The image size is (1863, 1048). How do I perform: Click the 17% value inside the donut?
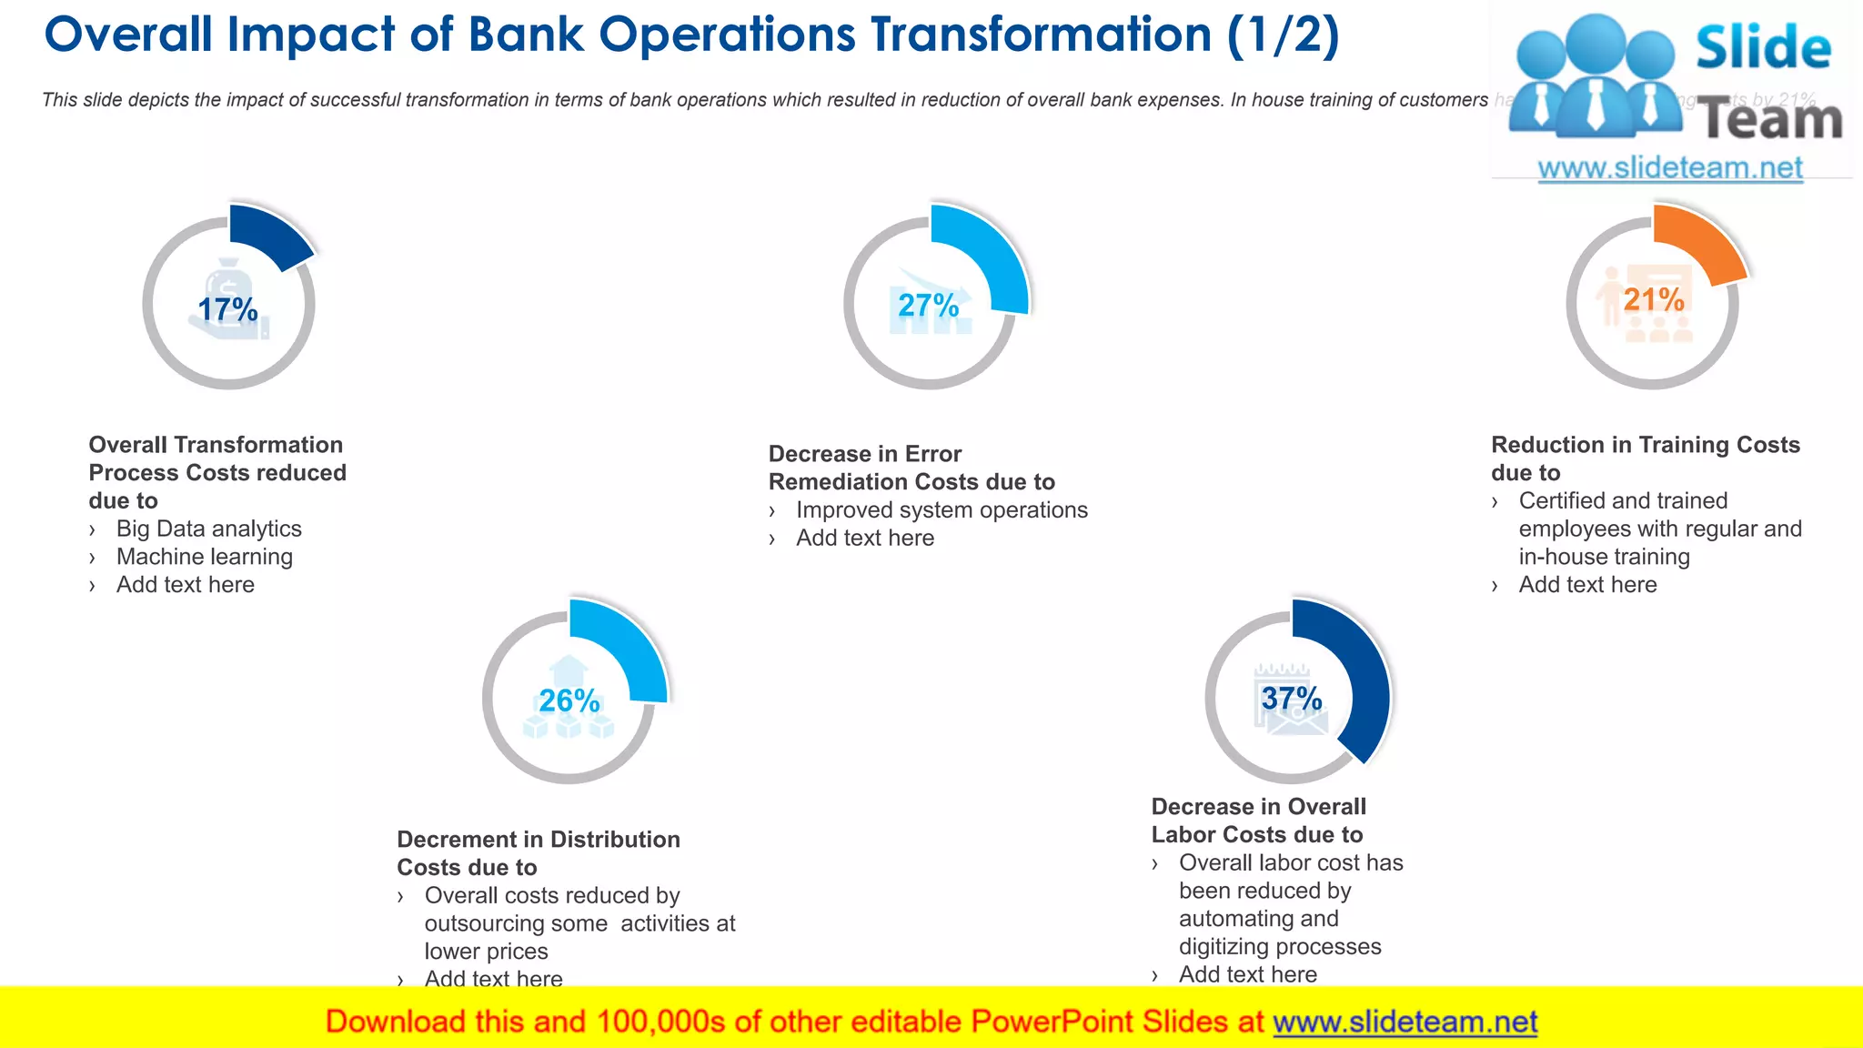pos(228,309)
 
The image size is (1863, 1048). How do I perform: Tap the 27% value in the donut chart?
pos(928,306)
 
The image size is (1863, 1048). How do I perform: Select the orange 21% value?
pos(1654,299)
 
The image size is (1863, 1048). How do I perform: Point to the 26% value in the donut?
pos(569,700)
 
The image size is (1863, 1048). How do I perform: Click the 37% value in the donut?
pos(1292,698)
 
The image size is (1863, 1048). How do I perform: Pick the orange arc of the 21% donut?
pos(1699,241)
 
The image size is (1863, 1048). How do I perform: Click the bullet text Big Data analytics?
pos(208,529)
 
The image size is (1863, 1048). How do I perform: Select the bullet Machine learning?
pos(204,557)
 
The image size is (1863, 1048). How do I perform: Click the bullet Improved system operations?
pos(942,509)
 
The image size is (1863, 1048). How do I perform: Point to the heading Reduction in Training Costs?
pos(1645,445)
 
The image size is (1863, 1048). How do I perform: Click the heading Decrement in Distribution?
pos(538,839)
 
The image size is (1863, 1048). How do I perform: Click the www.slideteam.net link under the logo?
pos(1670,168)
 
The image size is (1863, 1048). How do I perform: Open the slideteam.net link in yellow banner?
pos(1405,1022)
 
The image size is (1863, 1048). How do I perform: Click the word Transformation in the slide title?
pos(1041,36)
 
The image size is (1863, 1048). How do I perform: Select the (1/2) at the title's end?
pos(1283,36)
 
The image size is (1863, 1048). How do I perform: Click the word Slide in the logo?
pos(1763,47)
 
